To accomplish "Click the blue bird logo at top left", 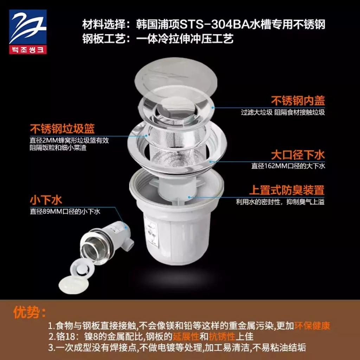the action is point(28,27).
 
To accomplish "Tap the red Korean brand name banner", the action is point(28,50).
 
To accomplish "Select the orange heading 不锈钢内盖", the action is point(298,101).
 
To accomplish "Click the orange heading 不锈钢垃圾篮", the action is point(62,129).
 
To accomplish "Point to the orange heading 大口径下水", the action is point(298,155).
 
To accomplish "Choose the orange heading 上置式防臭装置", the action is point(287,190).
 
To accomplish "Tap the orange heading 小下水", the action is point(46,200).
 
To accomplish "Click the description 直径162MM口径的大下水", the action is point(288,166).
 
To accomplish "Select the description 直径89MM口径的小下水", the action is point(65,211).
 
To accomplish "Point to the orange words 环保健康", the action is point(312,326).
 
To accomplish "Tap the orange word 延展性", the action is point(186,336).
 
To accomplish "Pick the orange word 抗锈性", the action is point(222,336).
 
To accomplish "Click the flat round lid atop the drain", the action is point(176,76).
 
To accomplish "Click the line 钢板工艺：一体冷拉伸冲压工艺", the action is point(158,38).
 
